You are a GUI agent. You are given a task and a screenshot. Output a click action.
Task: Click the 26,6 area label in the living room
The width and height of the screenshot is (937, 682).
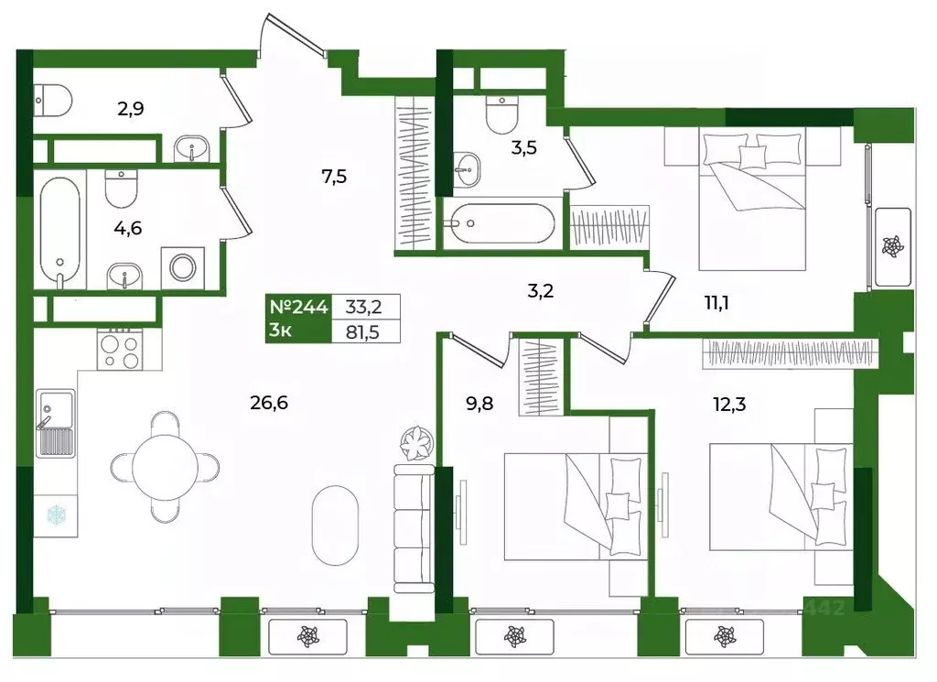pyautogui.click(x=269, y=403)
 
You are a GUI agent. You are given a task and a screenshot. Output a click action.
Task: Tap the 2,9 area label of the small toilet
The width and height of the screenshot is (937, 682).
pyautogui.click(x=130, y=109)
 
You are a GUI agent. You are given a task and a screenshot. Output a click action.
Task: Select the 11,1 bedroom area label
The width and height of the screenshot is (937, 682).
pyautogui.click(x=716, y=303)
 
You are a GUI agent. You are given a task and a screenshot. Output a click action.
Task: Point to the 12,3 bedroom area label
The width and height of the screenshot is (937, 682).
pyautogui.click(x=729, y=405)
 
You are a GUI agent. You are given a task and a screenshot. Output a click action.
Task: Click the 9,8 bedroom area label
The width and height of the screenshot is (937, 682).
pyautogui.click(x=479, y=404)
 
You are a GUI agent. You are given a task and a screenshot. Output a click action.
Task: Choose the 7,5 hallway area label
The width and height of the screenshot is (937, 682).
pyautogui.click(x=334, y=177)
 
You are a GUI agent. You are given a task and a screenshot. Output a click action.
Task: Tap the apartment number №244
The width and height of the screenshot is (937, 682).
pyautogui.click(x=299, y=308)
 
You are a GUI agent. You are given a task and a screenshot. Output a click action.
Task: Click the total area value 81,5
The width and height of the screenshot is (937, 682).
pyautogui.click(x=362, y=331)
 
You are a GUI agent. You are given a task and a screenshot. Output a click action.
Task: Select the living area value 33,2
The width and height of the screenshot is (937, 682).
pyautogui.click(x=363, y=308)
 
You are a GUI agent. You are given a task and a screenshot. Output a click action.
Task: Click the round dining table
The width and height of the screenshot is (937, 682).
pyautogui.click(x=165, y=467)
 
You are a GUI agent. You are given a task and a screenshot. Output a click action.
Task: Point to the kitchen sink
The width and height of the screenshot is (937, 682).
pyautogui.click(x=56, y=423)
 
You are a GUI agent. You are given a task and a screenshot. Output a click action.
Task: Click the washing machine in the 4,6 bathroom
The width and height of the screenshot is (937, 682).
pyautogui.click(x=182, y=268)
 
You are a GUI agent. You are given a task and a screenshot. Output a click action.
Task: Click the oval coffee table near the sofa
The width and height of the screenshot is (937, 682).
pyautogui.click(x=335, y=525)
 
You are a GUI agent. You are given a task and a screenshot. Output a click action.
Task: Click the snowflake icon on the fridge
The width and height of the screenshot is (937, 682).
pyautogui.click(x=56, y=515)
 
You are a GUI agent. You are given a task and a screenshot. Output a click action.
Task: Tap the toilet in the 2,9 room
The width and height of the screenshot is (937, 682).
pyautogui.click(x=53, y=101)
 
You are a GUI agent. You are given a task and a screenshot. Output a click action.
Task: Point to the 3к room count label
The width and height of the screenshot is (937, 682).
pyautogui.click(x=280, y=330)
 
